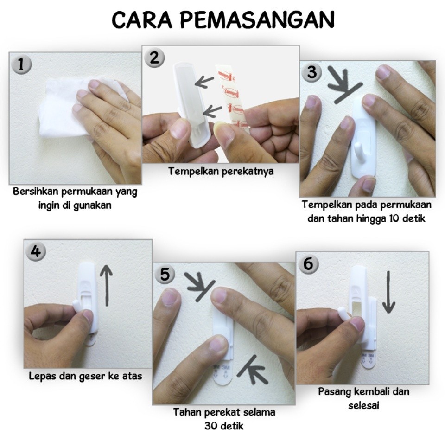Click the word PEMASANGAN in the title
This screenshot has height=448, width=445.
(257, 20)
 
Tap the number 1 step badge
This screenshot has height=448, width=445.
(21, 64)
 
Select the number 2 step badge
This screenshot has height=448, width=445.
(154, 58)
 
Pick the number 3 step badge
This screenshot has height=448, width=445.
(312, 71)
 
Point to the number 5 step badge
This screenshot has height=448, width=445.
(165, 274)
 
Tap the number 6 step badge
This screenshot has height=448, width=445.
(308, 263)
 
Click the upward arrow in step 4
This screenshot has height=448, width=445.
(106, 285)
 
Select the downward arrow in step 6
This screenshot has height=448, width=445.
(388, 292)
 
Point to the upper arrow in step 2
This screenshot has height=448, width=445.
(204, 82)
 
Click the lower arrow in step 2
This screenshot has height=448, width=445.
(212, 111)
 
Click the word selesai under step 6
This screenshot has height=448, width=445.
(363, 405)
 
